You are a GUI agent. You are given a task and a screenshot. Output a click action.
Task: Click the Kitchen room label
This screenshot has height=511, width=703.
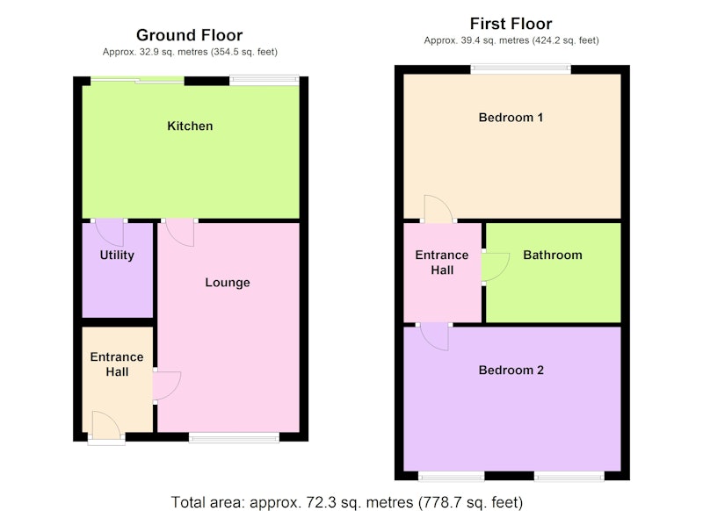pyautogui.click(x=190, y=126)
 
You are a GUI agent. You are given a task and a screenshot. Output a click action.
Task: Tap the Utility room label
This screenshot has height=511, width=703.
pyautogui.click(x=117, y=255)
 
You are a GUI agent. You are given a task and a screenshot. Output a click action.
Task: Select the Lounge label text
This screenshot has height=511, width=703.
pyautogui.click(x=228, y=283)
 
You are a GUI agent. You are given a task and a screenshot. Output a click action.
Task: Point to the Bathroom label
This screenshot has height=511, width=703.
pyautogui.click(x=553, y=255)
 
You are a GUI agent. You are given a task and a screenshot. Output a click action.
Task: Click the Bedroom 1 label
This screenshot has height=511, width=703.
pyautogui.click(x=511, y=118)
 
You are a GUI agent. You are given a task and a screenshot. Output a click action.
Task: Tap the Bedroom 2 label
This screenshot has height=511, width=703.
pyautogui.click(x=511, y=371)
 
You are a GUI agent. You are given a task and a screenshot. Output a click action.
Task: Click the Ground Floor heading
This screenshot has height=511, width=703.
pyautogui.click(x=189, y=35)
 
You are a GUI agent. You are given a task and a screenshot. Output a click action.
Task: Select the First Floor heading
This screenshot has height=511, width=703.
pyautogui.click(x=511, y=24)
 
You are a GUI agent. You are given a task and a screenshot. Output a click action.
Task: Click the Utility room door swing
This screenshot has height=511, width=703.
pyautogui.click(x=109, y=233)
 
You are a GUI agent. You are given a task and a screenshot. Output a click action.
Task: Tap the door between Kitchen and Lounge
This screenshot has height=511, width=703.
pyautogui.click(x=180, y=233)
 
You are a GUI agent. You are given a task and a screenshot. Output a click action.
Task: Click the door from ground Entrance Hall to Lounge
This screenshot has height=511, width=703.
pyautogui.click(x=167, y=385)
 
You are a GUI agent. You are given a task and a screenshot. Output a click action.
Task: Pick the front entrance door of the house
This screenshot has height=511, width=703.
pyautogui.click(x=106, y=426)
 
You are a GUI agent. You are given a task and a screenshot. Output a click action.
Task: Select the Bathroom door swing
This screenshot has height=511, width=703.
pyautogui.click(x=496, y=268)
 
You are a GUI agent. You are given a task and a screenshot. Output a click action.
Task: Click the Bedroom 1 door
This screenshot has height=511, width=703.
pyautogui.click(x=438, y=209)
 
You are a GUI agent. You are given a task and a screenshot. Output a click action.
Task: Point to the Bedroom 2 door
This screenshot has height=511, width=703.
pyautogui.click(x=434, y=336)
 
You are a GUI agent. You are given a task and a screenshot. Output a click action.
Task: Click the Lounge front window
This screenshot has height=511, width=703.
pyautogui.click(x=234, y=437)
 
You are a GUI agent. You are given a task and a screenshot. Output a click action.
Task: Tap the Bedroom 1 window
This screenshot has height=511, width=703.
pyautogui.click(x=520, y=69)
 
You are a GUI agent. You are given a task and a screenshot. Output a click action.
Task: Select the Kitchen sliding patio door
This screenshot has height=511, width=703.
pyautogui.click(x=137, y=81)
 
